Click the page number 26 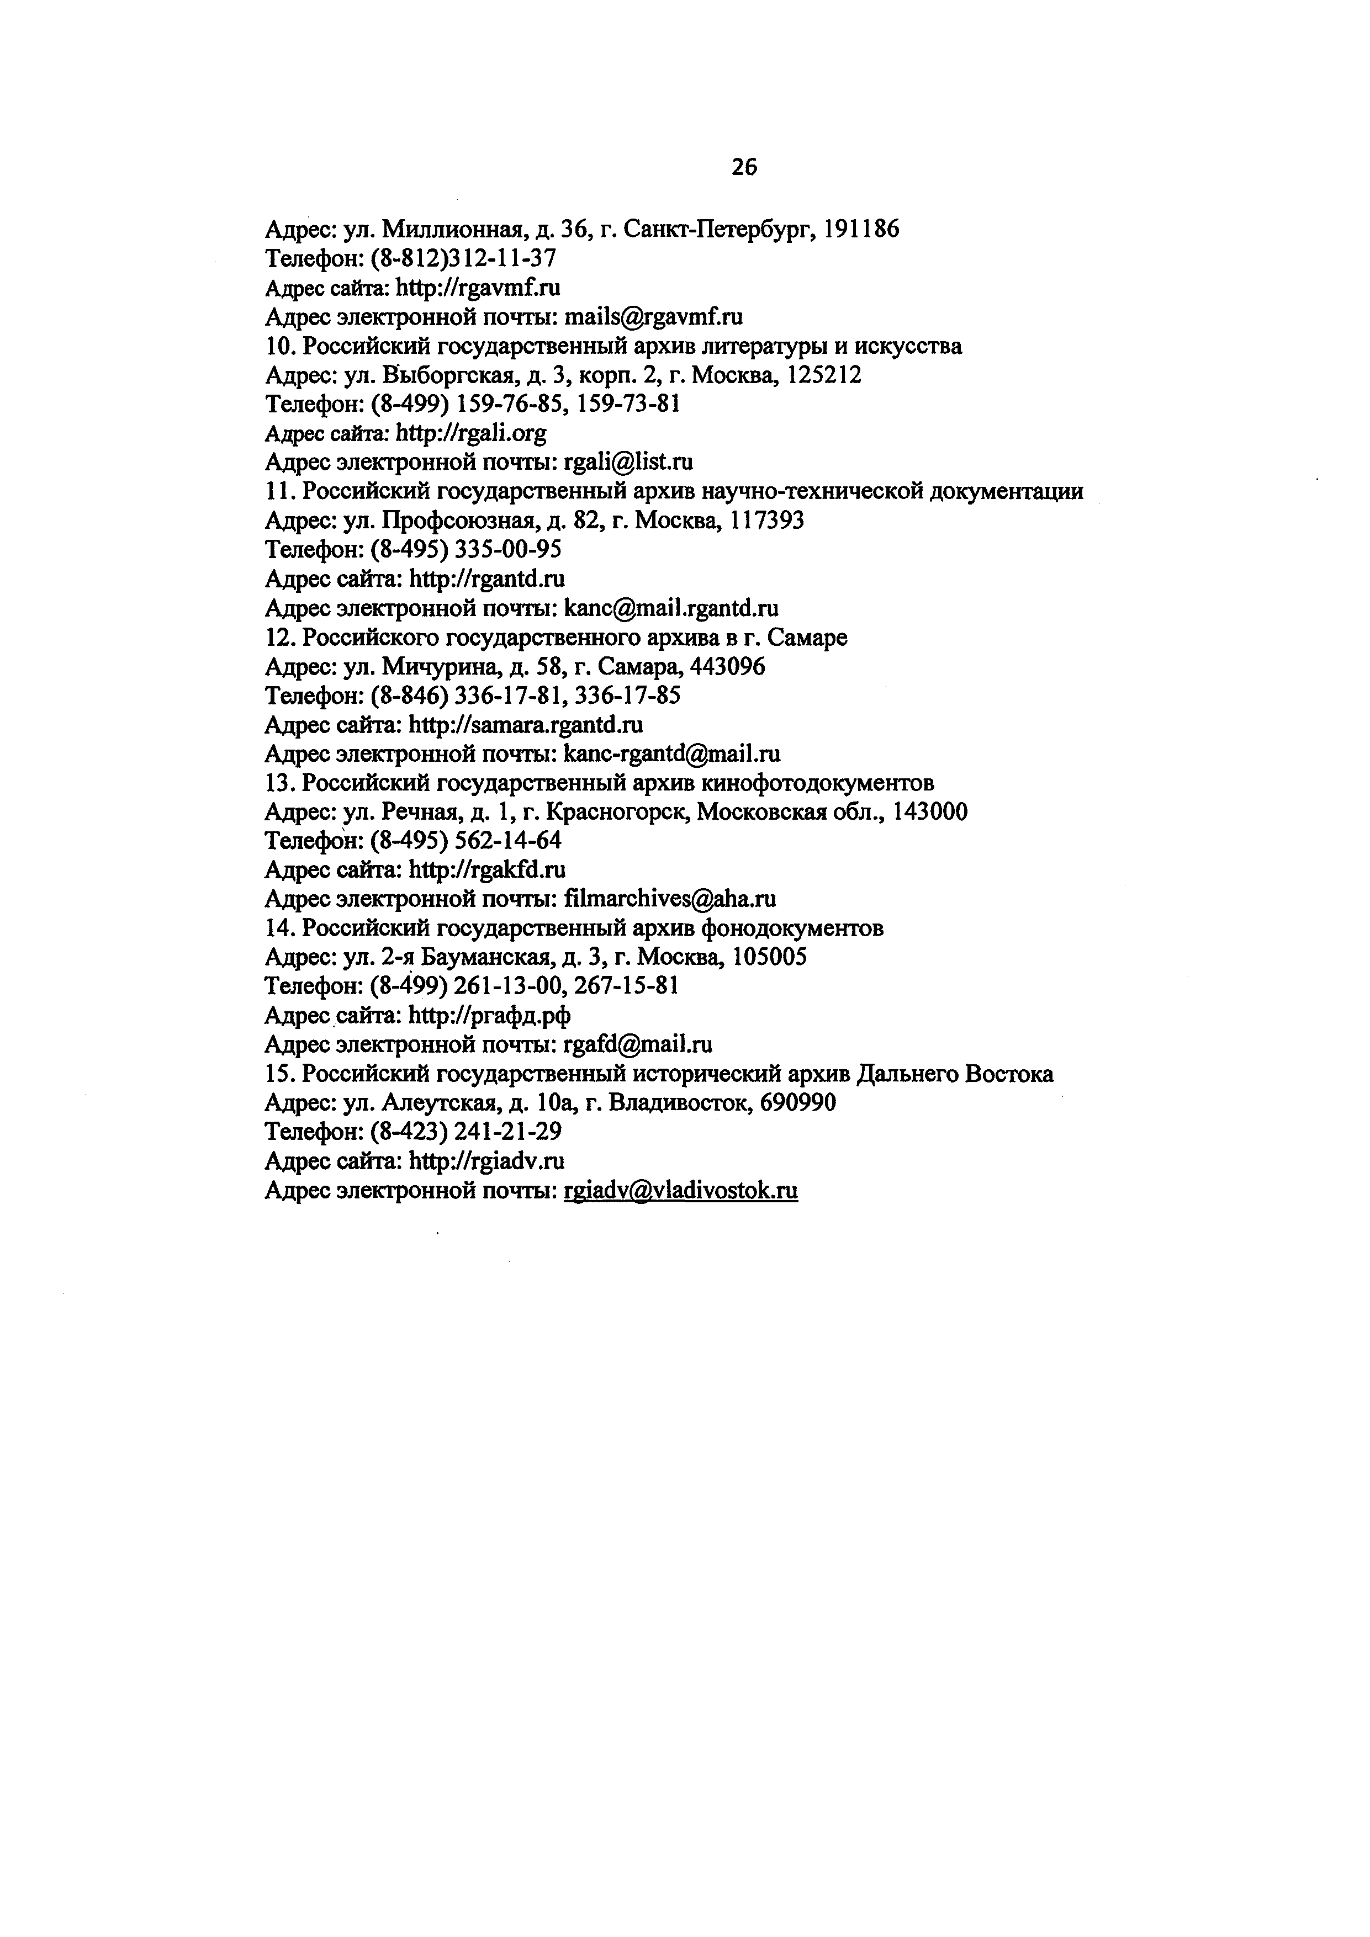744,168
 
